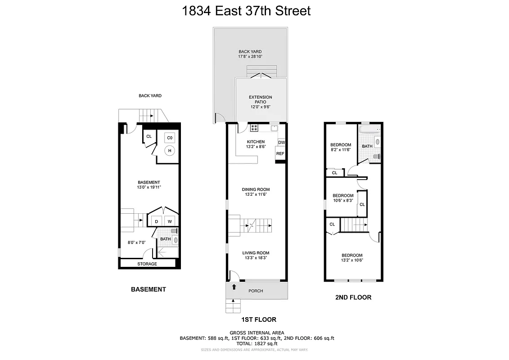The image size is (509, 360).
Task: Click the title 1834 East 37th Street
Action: [x=246, y=11]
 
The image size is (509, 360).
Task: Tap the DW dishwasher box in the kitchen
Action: [x=281, y=143]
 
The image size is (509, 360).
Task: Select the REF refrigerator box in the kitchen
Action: [x=280, y=153]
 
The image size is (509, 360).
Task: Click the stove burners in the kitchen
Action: [x=254, y=128]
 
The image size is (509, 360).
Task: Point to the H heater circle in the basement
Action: [x=170, y=151]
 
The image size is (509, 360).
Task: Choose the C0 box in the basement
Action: [x=170, y=138]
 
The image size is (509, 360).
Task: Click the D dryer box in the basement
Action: [x=156, y=221]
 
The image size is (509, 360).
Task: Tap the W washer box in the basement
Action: [x=170, y=221]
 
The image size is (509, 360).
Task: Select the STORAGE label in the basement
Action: [x=147, y=264]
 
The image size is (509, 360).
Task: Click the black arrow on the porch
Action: [x=234, y=287]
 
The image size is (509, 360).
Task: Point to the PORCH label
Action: [x=256, y=291]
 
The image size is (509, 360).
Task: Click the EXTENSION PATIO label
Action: [x=261, y=99]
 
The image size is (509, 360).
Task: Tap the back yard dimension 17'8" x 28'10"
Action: [x=250, y=57]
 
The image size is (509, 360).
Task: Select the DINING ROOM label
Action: [x=256, y=189]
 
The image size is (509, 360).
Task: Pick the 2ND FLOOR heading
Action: [x=353, y=297]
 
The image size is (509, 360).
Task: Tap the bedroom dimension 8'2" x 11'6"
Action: [x=340, y=149]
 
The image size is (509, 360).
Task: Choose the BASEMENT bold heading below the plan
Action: [x=148, y=289]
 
